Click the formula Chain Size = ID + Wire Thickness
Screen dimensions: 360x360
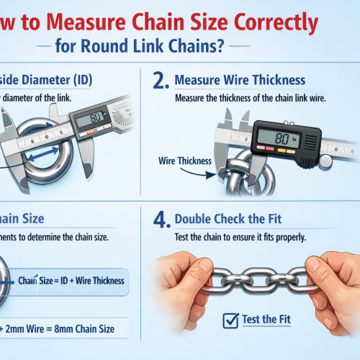tap(70, 281)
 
